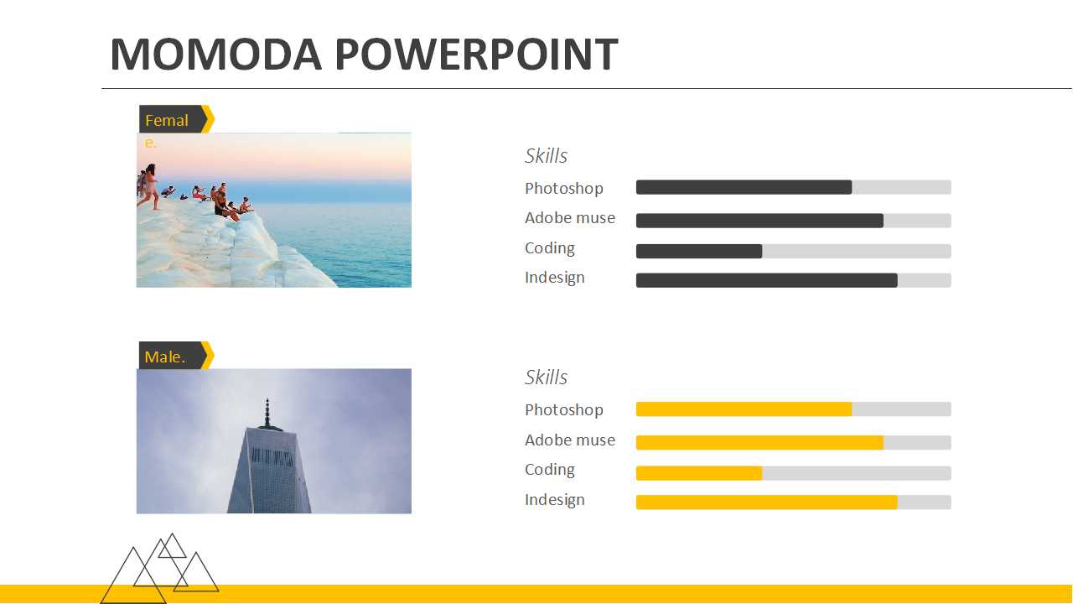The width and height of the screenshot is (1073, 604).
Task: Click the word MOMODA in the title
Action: pyautogui.click(x=216, y=54)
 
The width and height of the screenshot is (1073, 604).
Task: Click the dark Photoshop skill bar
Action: pyautogui.click(x=744, y=187)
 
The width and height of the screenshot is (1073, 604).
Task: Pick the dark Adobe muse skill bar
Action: pyautogui.click(x=759, y=221)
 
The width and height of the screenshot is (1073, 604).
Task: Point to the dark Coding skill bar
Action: pyautogui.click(x=699, y=251)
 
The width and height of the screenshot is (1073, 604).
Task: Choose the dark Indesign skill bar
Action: pyautogui.click(x=767, y=280)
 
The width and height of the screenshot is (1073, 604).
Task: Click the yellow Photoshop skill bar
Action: pyautogui.click(x=744, y=409)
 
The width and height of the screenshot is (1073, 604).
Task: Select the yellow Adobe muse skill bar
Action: pyautogui.click(x=759, y=442)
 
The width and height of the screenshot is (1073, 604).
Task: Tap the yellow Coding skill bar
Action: pyautogui.click(x=699, y=473)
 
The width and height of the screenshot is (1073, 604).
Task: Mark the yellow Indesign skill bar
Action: pyautogui.click(x=767, y=502)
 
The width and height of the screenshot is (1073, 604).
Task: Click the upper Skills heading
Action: pyautogui.click(x=546, y=156)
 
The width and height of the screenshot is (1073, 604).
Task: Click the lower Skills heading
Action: pyautogui.click(x=546, y=377)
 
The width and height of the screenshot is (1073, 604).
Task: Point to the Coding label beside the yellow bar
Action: pyautogui.click(x=549, y=470)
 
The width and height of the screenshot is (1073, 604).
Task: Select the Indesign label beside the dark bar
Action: pyautogui.click(x=555, y=278)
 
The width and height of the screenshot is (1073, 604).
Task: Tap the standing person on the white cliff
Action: pyautogui.click(x=150, y=187)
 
